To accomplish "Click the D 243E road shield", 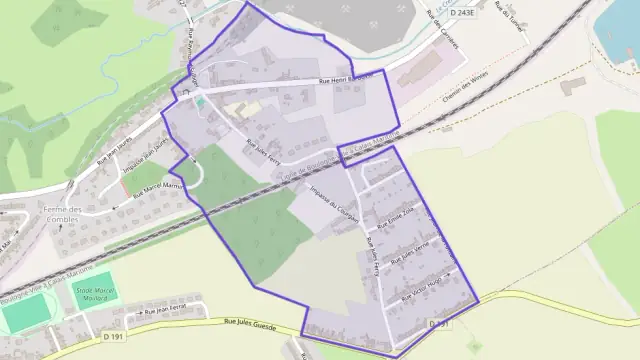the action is pyautogui.click(x=462, y=12).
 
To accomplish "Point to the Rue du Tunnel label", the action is pyautogui.click(x=514, y=17).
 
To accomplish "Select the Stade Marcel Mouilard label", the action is pyautogui.click(x=94, y=293).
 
